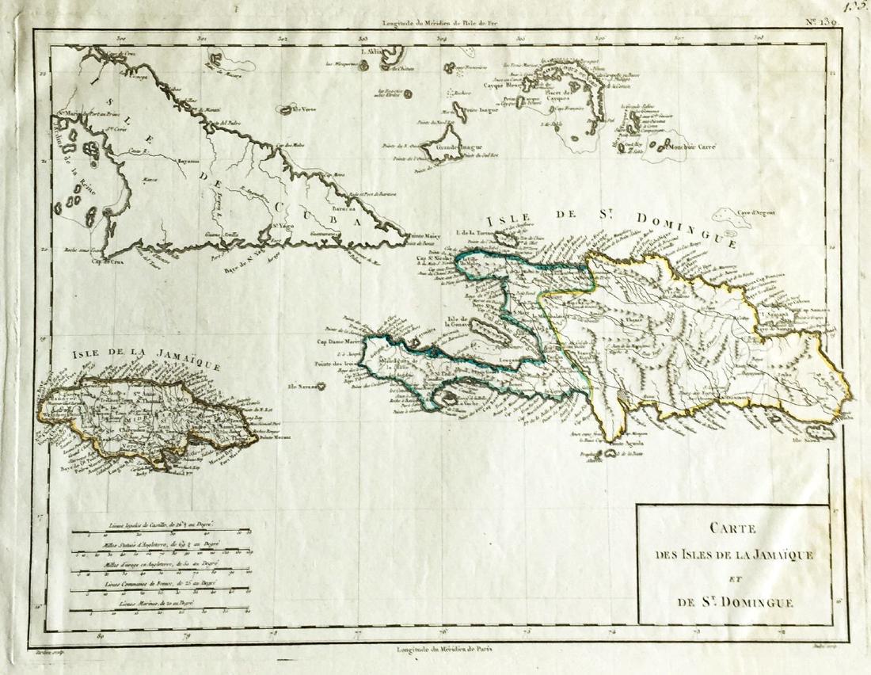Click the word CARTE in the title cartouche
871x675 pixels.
click(734, 529)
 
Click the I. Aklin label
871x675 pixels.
click(371, 52)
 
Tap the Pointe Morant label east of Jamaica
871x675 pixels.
click(274, 437)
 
